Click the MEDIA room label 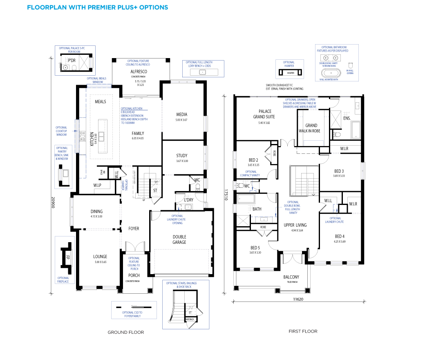pos(182,115)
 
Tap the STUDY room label pos(182,155)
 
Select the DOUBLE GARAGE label pos(179,239)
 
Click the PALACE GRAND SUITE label pos(264,114)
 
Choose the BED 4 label pos(340,236)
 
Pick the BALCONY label pos(291,277)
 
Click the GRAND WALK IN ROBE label pos(311,128)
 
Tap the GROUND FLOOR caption pos(126,332)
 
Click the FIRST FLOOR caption pos(303,331)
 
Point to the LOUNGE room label pos(100,257)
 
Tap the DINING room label pos(96,211)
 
